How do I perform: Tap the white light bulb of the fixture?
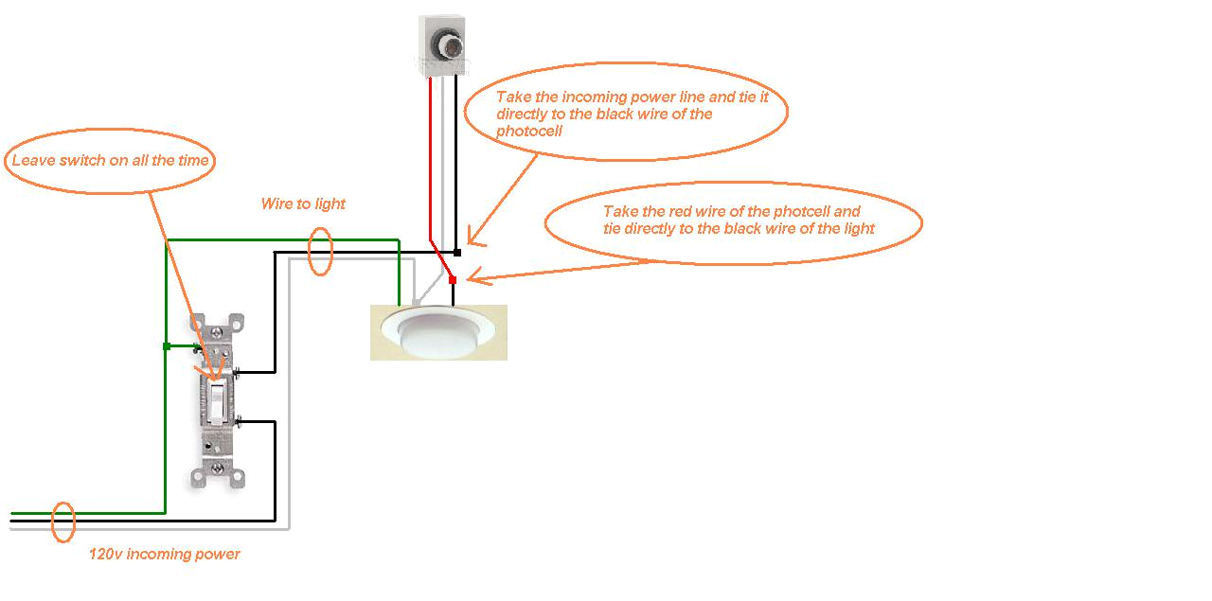pyautogui.click(x=438, y=336)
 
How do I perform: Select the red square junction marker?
pyautogui.click(x=453, y=279)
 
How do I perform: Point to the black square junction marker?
pyautogui.click(x=456, y=253)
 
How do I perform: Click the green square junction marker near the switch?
pyautogui.click(x=166, y=346)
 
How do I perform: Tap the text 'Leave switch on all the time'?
pyautogui.click(x=110, y=161)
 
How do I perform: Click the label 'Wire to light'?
pyautogui.click(x=303, y=203)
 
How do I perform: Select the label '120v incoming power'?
pyautogui.click(x=164, y=554)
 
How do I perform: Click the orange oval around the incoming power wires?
pyautogui.click(x=62, y=521)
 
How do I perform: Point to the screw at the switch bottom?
pyautogui.click(x=219, y=468)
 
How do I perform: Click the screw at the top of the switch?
pyautogui.click(x=219, y=332)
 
